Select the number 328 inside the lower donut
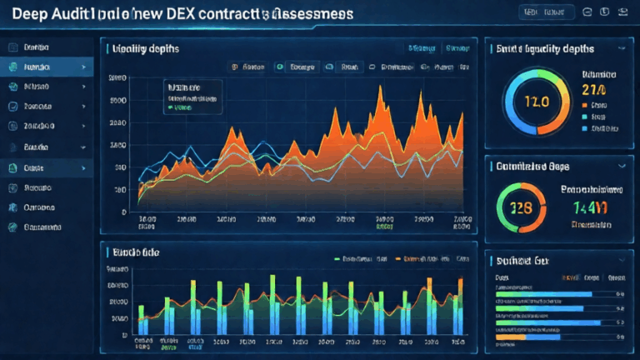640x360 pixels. click(x=522, y=207)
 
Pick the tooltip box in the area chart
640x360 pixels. click(x=192, y=96)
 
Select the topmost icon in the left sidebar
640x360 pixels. click(x=13, y=47)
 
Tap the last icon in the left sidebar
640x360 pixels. click(x=13, y=227)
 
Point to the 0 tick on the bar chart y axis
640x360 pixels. click(x=124, y=335)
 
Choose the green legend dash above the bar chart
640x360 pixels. click(x=338, y=259)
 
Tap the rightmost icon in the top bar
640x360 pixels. click(x=622, y=12)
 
